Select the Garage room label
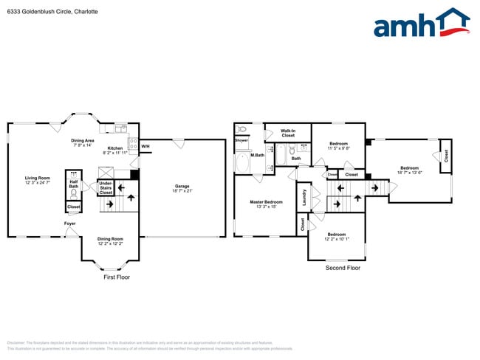[x=182, y=186]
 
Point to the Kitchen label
[x=115, y=148]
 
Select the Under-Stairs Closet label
[x=106, y=187]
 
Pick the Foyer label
[x=70, y=224]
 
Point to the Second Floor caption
[x=343, y=268]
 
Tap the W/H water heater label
[x=145, y=146]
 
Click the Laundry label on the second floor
[x=304, y=198]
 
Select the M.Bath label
[x=257, y=155]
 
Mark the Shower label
[x=241, y=140]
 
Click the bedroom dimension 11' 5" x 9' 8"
[x=338, y=148]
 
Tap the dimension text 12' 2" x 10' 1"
[x=336, y=238]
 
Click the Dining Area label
[x=82, y=140]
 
